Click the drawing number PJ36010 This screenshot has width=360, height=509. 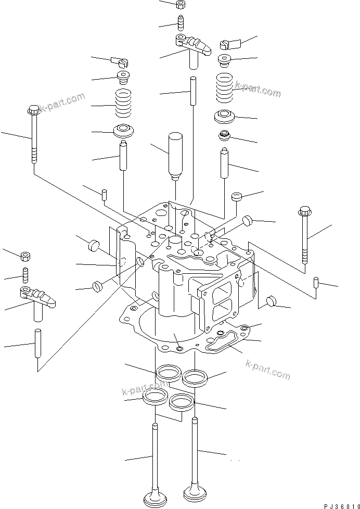point(339,504)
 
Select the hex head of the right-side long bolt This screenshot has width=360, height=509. point(304,212)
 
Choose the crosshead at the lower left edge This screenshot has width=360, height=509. point(38,299)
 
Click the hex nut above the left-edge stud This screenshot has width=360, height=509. point(25,257)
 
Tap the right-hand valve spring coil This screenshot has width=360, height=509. point(225,86)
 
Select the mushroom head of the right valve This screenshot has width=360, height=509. point(194,491)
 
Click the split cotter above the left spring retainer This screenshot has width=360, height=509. point(120,62)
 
